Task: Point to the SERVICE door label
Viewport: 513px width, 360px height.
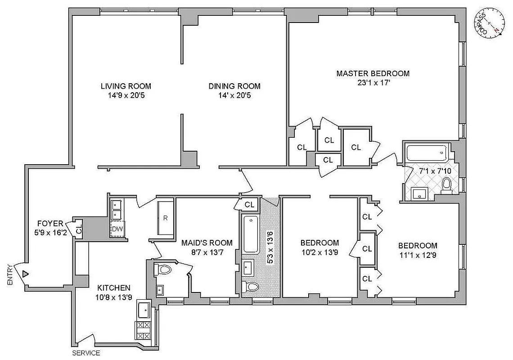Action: point(86,353)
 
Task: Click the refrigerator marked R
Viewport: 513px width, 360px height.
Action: point(165,218)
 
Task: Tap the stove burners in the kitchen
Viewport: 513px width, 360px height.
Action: point(144,330)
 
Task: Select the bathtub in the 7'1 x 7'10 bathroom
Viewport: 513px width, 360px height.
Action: point(426,153)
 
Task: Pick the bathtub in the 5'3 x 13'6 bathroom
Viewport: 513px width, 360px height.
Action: point(250,234)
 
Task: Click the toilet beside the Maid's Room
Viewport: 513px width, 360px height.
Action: point(163,270)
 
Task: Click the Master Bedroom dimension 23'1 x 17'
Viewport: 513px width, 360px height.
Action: point(373,82)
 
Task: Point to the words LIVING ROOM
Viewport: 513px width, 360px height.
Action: point(126,86)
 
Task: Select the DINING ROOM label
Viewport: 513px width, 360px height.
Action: point(234,86)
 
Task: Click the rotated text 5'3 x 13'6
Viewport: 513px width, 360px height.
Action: point(270,247)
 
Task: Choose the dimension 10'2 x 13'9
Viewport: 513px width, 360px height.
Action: point(319,252)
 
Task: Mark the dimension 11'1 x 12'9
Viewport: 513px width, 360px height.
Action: point(418,255)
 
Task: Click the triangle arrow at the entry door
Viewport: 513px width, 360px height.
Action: point(26,274)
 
